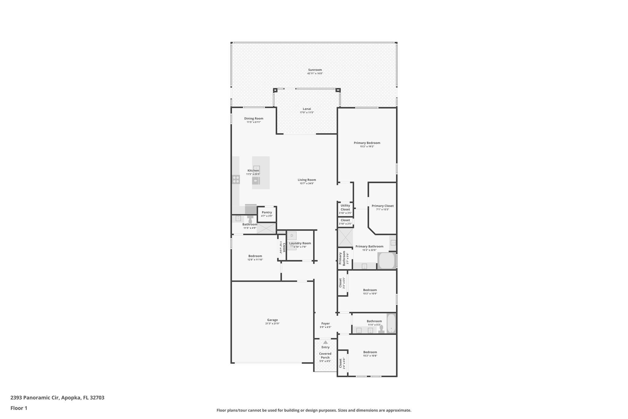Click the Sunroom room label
click(x=315, y=70)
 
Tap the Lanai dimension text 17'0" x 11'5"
click(x=307, y=113)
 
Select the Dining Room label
click(x=254, y=118)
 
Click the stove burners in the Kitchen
click(x=236, y=180)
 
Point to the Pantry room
click(x=267, y=214)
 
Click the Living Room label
click(x=307, y=180)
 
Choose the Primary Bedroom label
click(x=367, y=143)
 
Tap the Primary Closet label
click(x=382, y=206)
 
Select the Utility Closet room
click(x=345, y=209)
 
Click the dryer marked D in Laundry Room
click(x=292, y=236)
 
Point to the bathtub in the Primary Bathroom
click(x=386, y=261)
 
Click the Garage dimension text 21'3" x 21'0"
click(x=272, y=324)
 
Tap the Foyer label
click(x=325, y=324)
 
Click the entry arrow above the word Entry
click(x=325, y=342)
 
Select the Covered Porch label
click(x=325, y=355)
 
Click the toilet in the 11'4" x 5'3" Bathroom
click(x=381, y=329)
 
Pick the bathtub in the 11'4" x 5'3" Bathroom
click(x=391, y=324)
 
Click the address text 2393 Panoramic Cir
click(x=35, y=398)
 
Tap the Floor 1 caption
click(x=19, y=408)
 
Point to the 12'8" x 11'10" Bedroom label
click(x=255, y=256)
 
